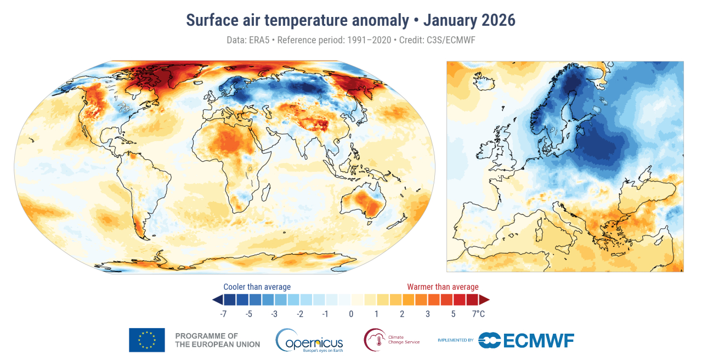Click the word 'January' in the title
pos(450,20)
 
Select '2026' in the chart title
pos(498,20)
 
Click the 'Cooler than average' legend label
pos(257,287)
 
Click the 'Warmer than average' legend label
pos(443,287)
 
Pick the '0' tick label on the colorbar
pos(351,314)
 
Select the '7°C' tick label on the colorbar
pos(478,314)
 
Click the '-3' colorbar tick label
pos(274,314)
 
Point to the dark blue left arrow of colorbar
pos(217,300)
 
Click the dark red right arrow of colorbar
pos(484,300)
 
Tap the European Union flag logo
pos(146,340)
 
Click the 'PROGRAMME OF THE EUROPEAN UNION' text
pos(217,340)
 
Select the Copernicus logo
pos(309,340)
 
